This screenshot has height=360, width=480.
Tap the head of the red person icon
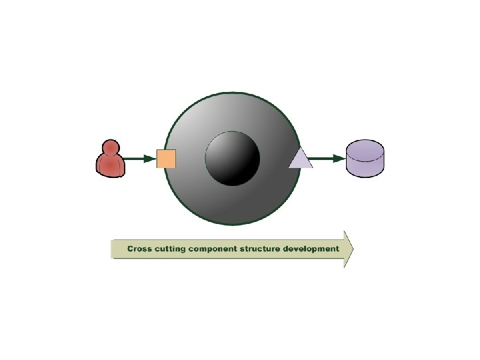111,147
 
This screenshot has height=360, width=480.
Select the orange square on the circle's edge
166,159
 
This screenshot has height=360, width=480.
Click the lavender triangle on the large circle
301,160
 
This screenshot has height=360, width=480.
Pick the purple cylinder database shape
365,158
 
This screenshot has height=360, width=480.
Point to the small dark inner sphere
232,159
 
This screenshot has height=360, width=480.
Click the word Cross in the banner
141,249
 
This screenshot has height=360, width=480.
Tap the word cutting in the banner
170,249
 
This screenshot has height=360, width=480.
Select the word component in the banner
213,249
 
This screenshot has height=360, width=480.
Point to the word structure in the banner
261,249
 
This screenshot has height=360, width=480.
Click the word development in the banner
311,249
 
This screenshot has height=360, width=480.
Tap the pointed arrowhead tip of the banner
352,249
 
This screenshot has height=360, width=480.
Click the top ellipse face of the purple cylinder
365,147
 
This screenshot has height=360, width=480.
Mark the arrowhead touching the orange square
150,159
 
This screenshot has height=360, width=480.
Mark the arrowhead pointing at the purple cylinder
339,159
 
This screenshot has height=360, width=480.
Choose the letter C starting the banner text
131,249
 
